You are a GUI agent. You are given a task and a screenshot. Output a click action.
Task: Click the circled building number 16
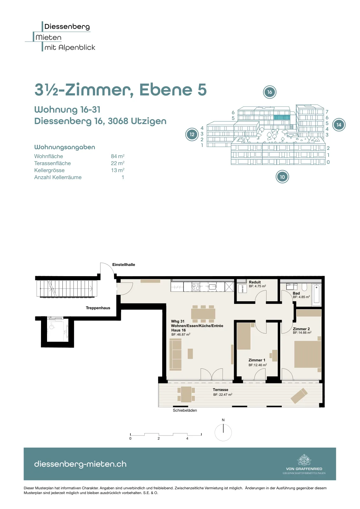coord(269,92)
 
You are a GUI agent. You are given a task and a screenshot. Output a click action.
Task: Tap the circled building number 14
coord(339,125)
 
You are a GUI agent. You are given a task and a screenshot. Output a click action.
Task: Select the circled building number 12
coord(192,134)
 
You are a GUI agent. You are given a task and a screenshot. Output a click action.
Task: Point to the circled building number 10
coord(282,177)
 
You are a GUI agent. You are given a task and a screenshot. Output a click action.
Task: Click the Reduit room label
coord(255,282)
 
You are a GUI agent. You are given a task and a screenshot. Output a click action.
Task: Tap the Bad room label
coord(296,293)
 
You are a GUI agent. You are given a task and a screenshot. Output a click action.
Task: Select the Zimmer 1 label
coord(257,360)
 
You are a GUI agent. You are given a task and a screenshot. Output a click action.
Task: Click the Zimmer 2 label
coord(301,329)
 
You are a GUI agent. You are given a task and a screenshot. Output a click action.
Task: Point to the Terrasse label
coord(220,389)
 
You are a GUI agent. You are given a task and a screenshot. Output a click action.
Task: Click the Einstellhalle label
coord(124,264)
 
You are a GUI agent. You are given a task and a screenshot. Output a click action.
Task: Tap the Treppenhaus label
coord(98,308)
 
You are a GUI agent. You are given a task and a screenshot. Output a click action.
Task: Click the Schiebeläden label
coord(185,410)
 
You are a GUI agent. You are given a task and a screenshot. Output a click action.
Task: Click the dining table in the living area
coord(203,314)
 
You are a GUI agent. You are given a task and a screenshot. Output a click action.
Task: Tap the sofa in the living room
coord(175,354)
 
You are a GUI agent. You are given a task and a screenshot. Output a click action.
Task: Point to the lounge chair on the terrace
coord(299,396)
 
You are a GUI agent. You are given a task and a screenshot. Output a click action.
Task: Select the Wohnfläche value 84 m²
coord(117,156)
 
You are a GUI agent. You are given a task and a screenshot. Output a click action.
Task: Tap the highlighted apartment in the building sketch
coord(282,117)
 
